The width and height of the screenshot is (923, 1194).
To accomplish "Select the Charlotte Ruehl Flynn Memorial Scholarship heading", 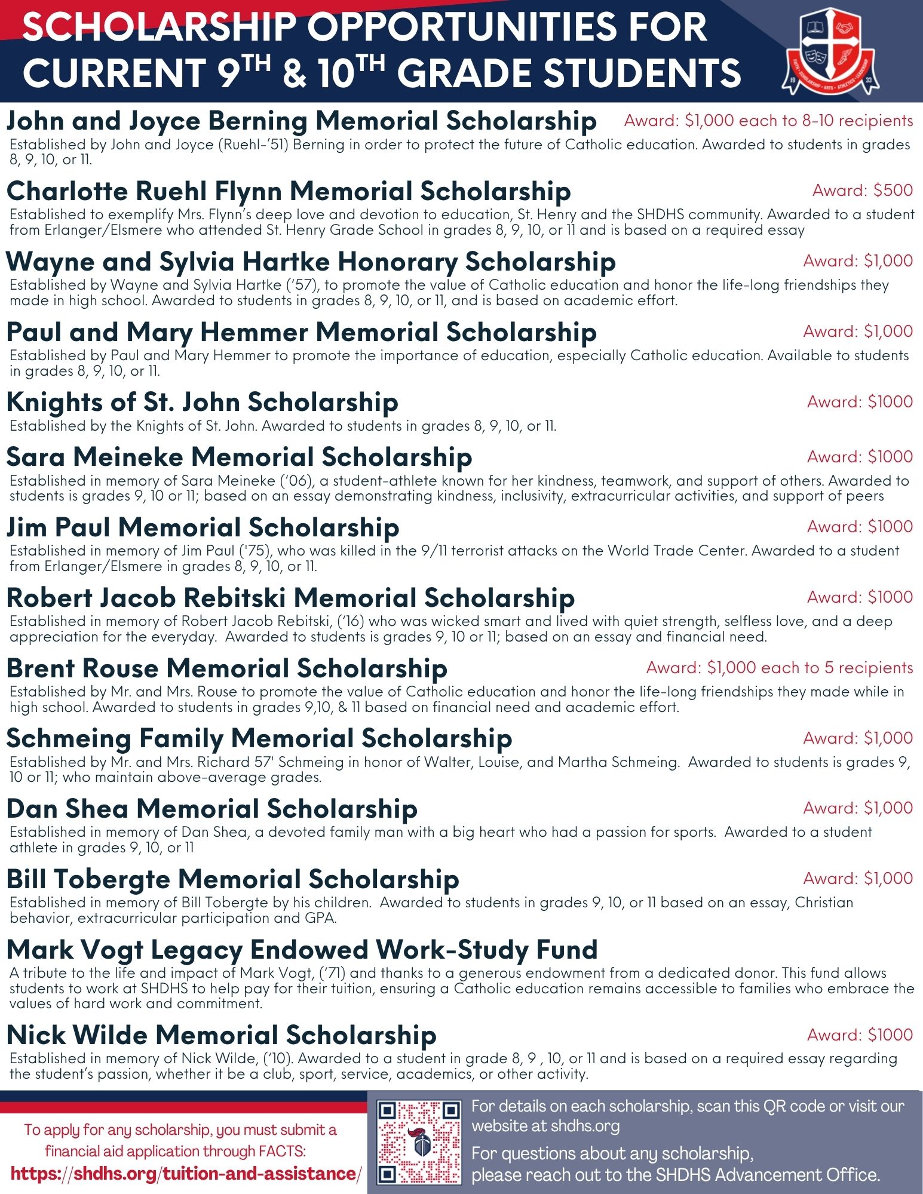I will pyautogui.click(x=289, y=192).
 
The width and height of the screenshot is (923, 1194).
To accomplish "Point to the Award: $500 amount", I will pyautogui.click(x=862, y=191).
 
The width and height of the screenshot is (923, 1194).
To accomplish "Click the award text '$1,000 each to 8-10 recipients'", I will pyautogui.click(x=768, y=121).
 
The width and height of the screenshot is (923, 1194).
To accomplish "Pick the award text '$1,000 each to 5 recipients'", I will pyautogui.click(x=779, y=668).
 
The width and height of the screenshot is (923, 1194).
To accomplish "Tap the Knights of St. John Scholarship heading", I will pyautogui.click(x=203, y=402).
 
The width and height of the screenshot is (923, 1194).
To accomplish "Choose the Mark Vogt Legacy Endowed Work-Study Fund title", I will pyautogui.click(x=302, y=949).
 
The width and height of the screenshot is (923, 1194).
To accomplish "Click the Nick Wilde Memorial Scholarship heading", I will pyautogui.click(x=222, y=1035).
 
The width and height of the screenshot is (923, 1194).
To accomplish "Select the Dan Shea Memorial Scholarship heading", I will pyautogui.click(x=212, y=809).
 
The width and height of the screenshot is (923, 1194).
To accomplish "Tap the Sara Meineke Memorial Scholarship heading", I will pyautogui.click(x=240, y=457).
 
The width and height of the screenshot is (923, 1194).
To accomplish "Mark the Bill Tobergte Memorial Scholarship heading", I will pyautogui.click(x=233, y=879).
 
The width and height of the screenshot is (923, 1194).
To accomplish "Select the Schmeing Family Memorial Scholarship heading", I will pyautogui.click(x=259, y=739).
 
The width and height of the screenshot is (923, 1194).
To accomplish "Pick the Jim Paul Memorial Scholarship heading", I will pyautogui.click(x=203, y=527).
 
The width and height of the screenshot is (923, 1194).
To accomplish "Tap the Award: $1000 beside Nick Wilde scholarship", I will pyautogui.click(x=860, y=1035).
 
